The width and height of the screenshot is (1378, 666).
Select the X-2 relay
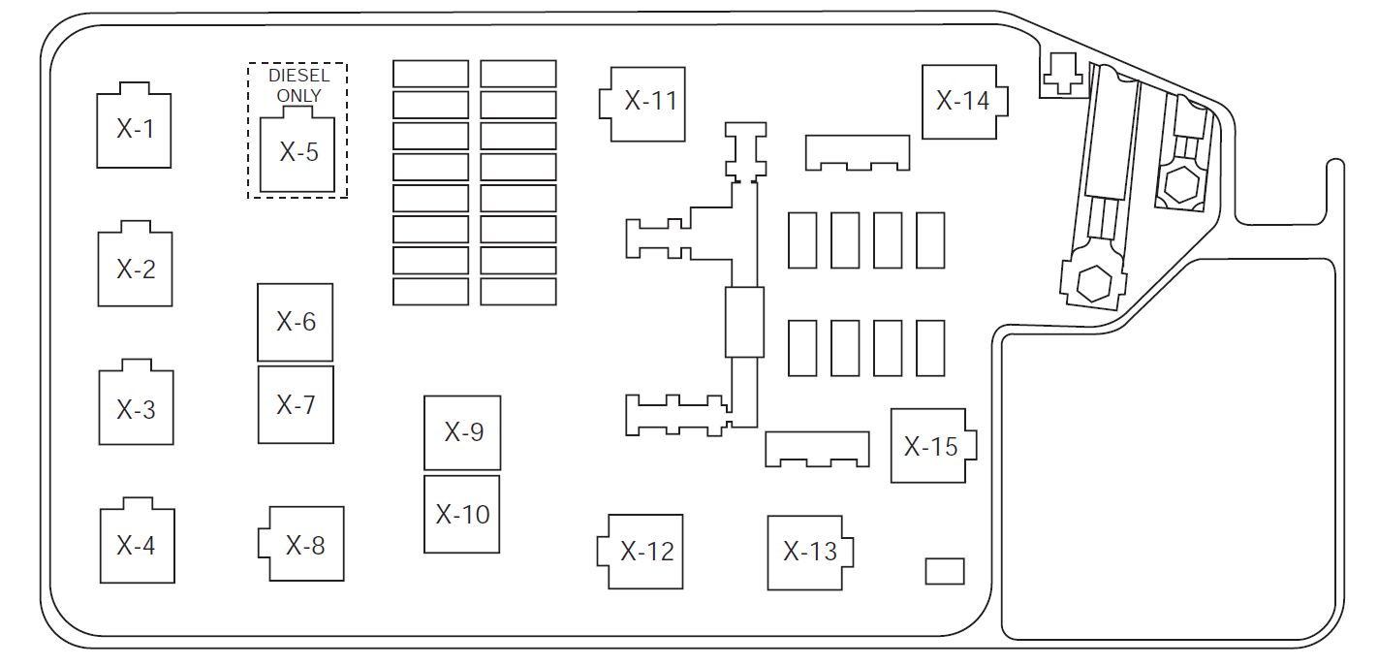point(136,269)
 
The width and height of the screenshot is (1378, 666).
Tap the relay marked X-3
point(136,408)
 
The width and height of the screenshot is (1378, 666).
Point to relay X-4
point(137,545)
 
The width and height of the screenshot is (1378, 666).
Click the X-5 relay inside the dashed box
point(298,152)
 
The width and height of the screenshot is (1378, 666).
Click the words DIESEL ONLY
point(298,85)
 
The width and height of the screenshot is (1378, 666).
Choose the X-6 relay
point(296,322)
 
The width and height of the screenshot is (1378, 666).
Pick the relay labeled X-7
point(296,404)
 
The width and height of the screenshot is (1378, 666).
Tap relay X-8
point(463,432)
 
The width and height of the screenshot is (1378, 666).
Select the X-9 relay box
point(462,514)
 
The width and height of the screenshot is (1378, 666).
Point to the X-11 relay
point(645,551)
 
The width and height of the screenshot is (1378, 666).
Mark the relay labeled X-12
point(809,551)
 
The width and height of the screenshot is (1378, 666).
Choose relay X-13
point(963,101)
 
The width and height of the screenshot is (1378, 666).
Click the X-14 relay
point(931,446)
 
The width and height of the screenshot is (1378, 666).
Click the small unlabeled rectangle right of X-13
point(945,571)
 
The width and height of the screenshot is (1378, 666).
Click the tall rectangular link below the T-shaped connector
point(744,322)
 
